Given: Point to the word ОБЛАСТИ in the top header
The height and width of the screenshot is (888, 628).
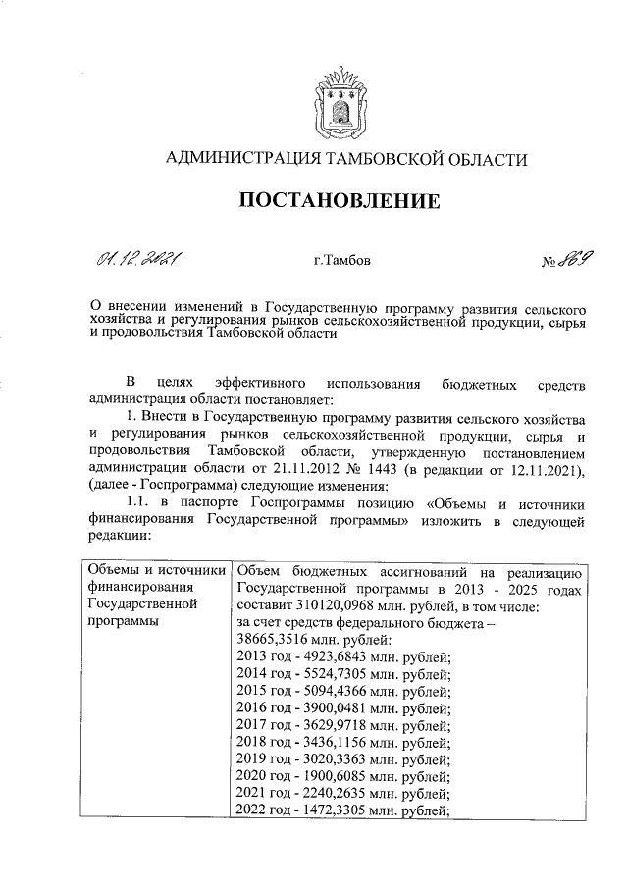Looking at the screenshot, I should (x=481, y=159).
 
